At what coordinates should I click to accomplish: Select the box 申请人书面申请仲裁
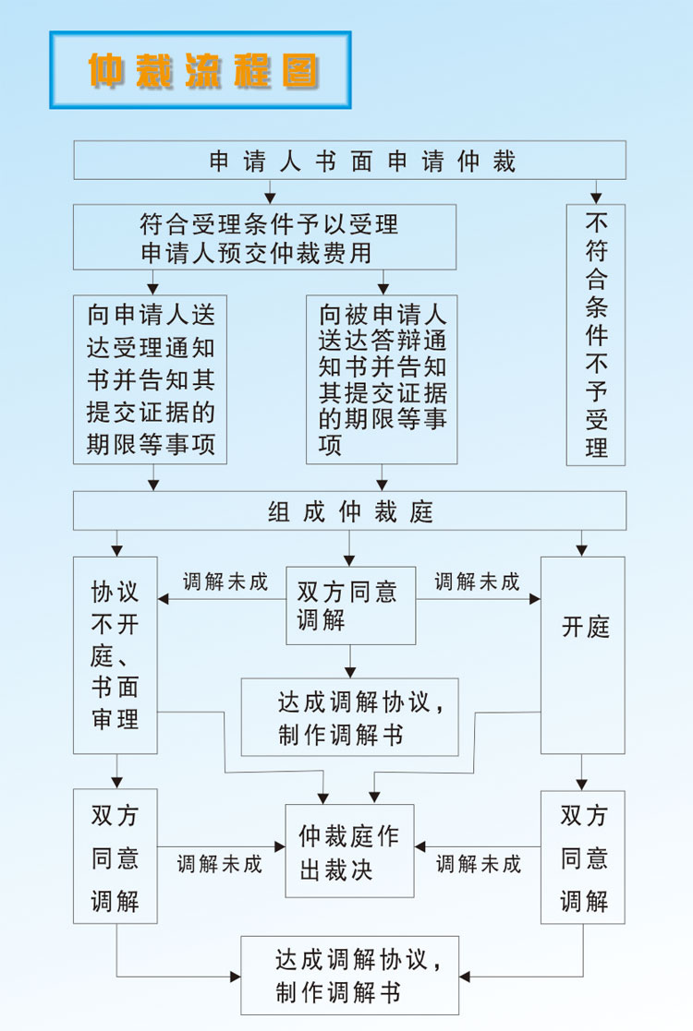point(349,160)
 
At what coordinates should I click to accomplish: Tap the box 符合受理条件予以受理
point(264,236)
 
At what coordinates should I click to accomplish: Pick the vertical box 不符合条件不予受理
point(596,335)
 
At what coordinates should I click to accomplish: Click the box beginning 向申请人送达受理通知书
point(150,379)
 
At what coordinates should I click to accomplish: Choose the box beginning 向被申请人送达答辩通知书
point(382,379)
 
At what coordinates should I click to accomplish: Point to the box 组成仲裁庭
point(349,511)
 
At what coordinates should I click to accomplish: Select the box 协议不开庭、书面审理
point(115,655)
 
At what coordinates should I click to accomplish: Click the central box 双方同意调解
point(351,605)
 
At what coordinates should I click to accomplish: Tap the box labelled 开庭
point(582,655)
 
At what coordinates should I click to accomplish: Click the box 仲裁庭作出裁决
point(349,851)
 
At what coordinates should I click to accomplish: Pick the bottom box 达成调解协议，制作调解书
point(349,976)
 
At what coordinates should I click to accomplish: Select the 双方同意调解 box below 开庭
point(582,857)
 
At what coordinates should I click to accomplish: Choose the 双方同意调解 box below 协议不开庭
point(115,857)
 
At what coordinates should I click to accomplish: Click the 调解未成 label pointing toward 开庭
point(477,581)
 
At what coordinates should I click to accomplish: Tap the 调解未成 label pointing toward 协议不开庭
point(225,581)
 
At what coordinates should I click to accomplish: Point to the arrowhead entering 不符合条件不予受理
point(596,198)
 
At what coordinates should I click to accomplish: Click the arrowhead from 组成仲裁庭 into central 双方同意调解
point(349,561)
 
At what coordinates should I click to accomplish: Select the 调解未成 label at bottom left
point(220,864)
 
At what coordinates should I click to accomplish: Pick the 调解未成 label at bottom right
point(479,864)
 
